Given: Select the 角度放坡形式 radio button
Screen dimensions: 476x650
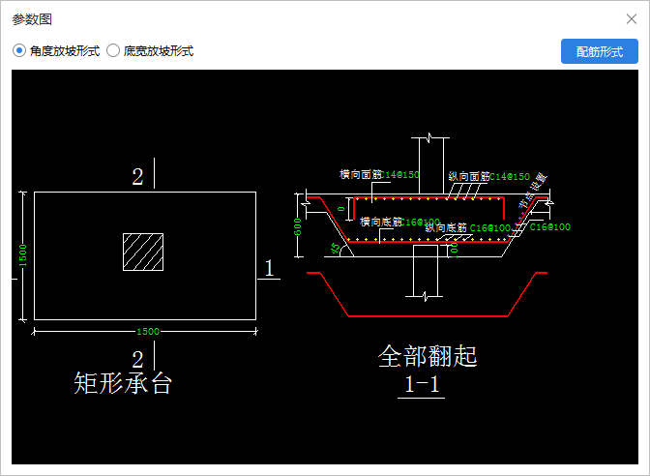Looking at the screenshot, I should (19, 50).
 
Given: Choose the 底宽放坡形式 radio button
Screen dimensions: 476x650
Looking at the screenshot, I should (113, 50).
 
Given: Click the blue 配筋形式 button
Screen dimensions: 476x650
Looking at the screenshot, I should (599, 51).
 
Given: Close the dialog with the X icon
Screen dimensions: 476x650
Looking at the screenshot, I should (632, 18).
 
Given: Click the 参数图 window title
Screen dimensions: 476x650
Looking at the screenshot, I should (32, 18).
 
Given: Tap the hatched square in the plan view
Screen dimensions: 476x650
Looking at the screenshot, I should (142, 252).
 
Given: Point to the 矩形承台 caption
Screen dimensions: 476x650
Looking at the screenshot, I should (123, 383).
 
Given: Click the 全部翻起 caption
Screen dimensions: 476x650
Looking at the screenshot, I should (428, 356).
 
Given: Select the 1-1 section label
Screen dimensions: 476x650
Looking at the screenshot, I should (423, 384).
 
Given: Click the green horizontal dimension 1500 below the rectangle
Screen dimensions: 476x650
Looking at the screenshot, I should (147, 332).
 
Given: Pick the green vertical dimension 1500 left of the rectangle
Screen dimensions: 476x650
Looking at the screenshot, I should (21, 256).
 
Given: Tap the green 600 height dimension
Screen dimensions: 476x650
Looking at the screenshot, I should (298, 225).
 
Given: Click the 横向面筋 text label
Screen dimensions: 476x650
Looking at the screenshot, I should (361, 175).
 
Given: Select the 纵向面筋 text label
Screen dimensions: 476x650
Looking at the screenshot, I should (468, 177).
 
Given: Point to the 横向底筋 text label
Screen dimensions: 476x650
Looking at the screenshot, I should (381, 222).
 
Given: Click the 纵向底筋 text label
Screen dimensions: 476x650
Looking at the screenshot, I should (446, 228).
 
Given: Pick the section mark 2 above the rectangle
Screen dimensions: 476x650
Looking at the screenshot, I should (137, 176).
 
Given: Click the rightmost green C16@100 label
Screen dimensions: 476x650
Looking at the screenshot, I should (550, 227).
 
